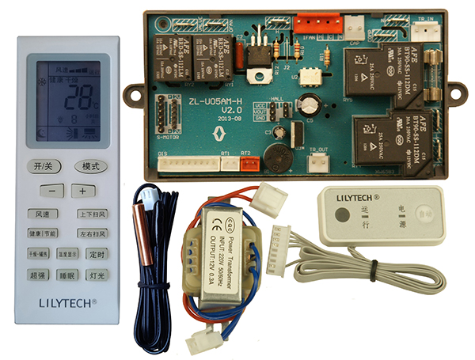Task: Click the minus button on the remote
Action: click(52, 191)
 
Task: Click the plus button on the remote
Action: click(82, 191)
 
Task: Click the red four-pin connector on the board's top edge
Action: click(311, 25)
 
